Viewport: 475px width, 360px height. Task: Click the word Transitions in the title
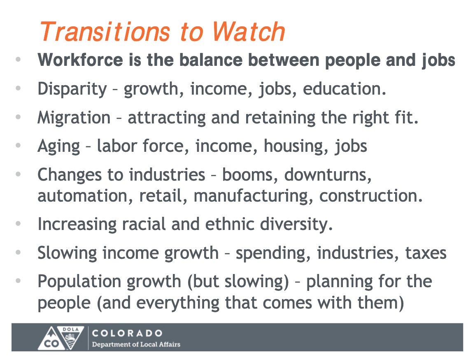coord(105,32)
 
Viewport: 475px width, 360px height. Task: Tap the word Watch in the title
coord(248,32)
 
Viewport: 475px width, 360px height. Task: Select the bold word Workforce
coord(80,60)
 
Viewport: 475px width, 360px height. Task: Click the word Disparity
coord(72,89)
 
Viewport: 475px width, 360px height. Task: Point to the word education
coord(345,89)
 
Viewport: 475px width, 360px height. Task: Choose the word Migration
coord(74,118)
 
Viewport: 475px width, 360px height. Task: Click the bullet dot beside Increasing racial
coord(18,224)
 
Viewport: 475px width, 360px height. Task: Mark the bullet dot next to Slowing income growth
coord(18,252)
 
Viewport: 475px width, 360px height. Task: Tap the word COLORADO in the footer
coord(127,333)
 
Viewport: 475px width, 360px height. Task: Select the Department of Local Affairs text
coord(136,344)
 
